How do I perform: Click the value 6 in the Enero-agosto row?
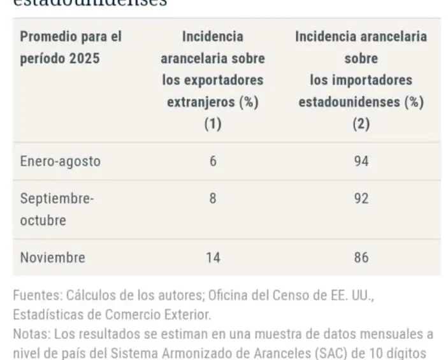tap(213, 161)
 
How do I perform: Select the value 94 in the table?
tap(361, 161)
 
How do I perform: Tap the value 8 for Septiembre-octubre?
tap(213, 198)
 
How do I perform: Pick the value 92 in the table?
tap(361, 198)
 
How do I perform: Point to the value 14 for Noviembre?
tap(213, 258)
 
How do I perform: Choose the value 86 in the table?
tap(361, 258)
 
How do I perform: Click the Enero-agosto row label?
tap(60, 161)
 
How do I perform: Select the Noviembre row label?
tap(52, 258)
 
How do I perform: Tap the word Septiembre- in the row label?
tap(57, 198)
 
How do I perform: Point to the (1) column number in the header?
tap(212, 124)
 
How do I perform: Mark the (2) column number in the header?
tap(361, 124)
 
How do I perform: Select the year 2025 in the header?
tap(86, 59)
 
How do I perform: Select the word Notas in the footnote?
tap(29, 333)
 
